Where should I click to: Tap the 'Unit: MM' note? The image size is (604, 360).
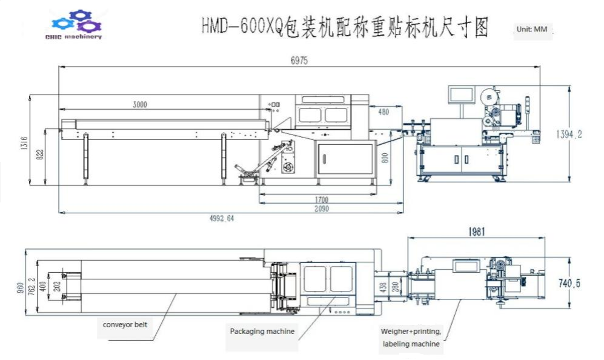pos(533,28)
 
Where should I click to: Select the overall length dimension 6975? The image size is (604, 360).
pos(300,61)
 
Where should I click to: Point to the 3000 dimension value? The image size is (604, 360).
pos(139,104)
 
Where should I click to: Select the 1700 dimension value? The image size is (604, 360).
pos(321,200)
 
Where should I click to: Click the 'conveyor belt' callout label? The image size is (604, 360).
pos(125,324)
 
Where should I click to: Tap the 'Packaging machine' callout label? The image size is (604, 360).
pos(262,331)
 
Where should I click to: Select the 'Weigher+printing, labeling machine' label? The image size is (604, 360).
pos(411,338)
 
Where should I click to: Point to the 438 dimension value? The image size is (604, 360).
pos(382,285)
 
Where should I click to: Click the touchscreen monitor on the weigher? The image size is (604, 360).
pos(460,95)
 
